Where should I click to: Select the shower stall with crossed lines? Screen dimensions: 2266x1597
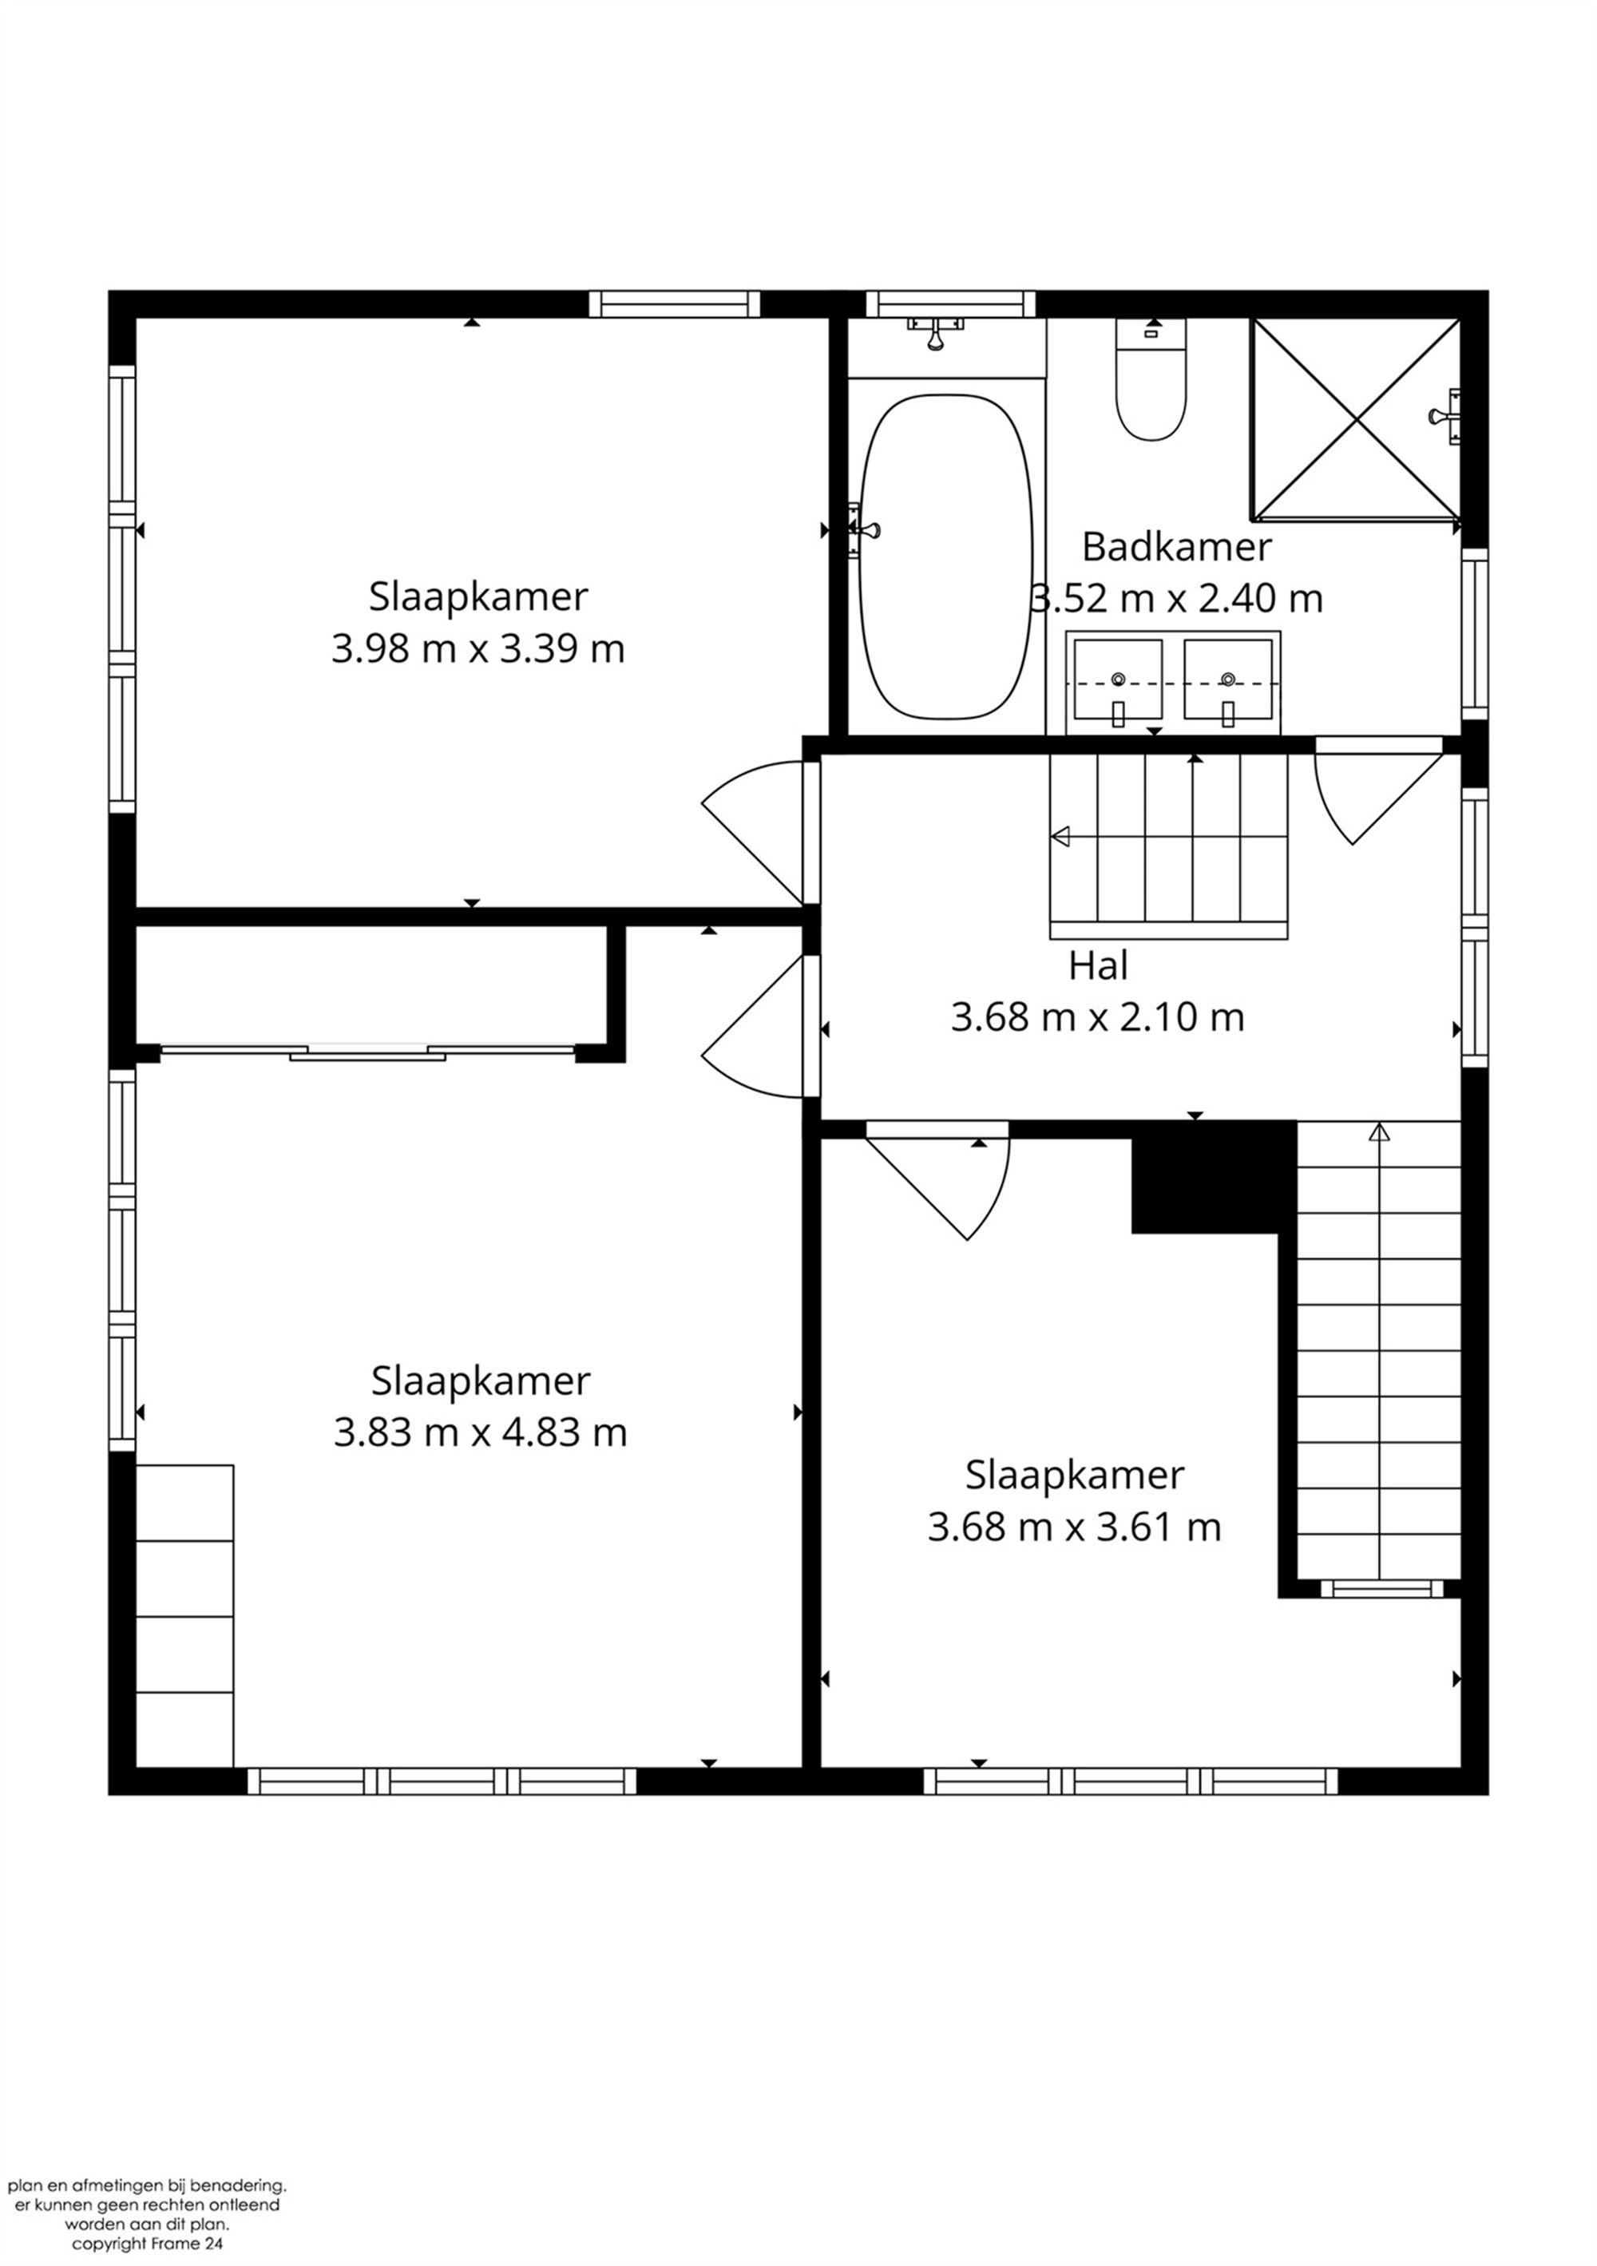coord(1356,418)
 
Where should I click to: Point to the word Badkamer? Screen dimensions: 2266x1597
coord(1176,547)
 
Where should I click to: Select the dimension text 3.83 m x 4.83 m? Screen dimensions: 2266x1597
coord(480,1432)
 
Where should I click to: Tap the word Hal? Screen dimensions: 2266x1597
coord(1098,965)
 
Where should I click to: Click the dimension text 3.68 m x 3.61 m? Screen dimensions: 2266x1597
coord(1074,1527)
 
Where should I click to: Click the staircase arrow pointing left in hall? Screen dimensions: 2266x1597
coord(1061,837)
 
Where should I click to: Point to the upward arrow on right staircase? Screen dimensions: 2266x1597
coord(1378,1133)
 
